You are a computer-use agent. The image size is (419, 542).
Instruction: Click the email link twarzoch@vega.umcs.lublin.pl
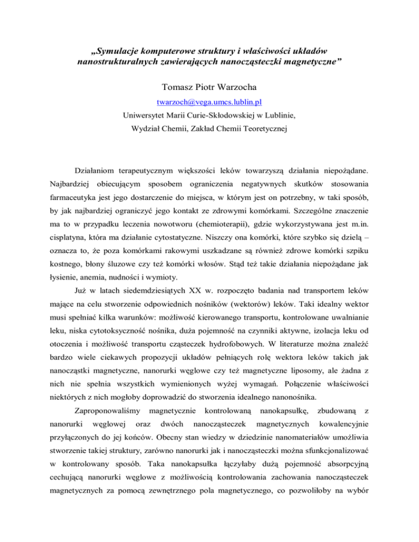209,101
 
